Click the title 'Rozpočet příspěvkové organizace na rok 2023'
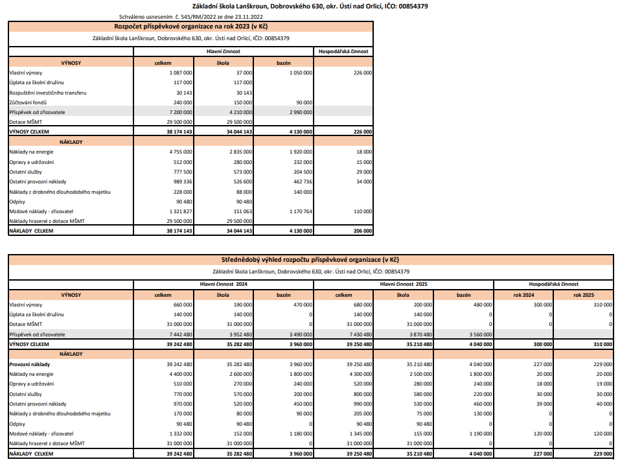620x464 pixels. click(190, 27)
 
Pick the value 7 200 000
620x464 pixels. click(179, 112)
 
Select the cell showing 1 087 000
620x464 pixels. click(179, 73)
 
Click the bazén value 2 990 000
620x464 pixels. click(299, 112)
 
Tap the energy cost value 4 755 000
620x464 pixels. click(179, 152)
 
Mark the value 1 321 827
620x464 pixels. click(179, 211)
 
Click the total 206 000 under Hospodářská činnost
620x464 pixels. click(361, 230)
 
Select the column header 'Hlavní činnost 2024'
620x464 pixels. click(224, 284)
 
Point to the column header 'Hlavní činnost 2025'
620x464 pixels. click(403, 284)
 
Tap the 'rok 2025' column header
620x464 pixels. click(583, 295)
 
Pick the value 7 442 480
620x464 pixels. click(179, 334)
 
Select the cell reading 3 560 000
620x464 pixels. click(477, 334)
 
